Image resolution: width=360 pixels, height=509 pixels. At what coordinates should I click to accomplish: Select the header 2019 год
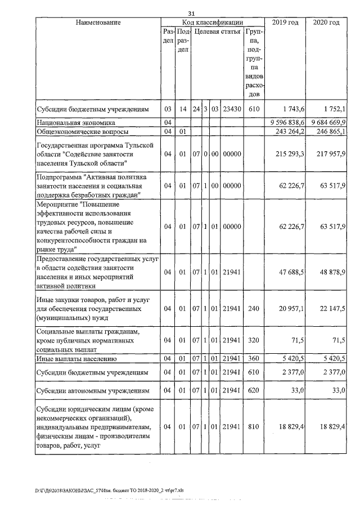pos(286,22)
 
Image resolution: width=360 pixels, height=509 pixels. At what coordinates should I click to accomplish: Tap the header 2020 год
pos(326,22)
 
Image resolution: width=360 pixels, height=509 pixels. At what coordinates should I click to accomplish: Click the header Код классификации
pos(211,22)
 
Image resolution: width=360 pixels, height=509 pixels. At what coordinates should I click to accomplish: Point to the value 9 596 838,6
pos(285,122)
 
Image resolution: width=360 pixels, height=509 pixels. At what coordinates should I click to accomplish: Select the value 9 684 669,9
pos(327,122)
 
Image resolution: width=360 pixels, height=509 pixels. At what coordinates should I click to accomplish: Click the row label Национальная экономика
pos(76,122)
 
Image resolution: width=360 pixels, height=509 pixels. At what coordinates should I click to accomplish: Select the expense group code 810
pos(253,427)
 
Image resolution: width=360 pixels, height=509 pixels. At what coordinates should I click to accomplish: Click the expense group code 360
pos(253,358)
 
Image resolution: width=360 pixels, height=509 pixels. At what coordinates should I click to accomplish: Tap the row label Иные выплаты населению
pos(76,358)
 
